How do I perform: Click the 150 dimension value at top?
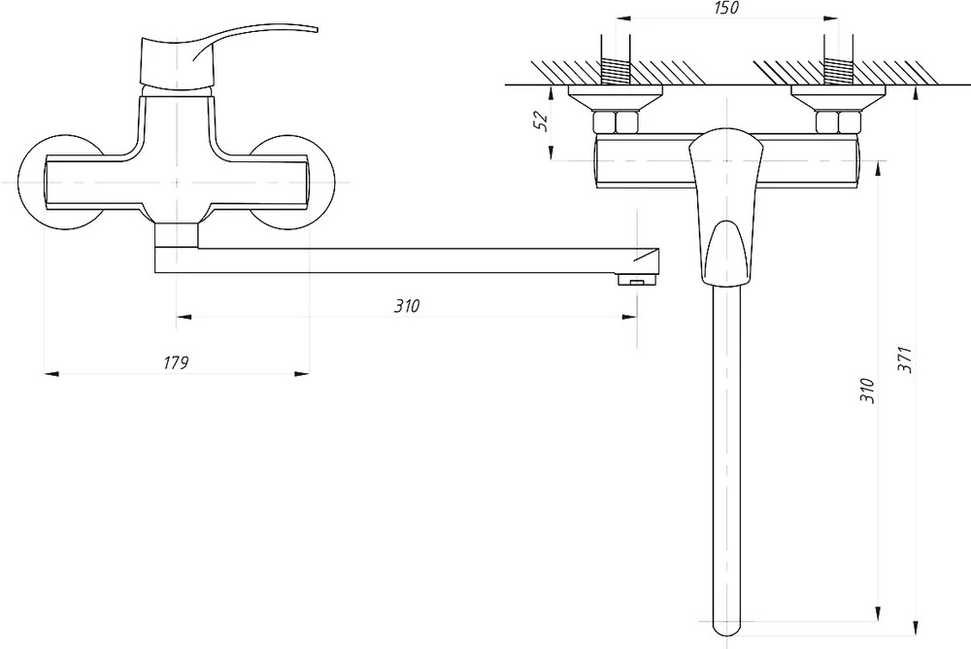tap(726, 8)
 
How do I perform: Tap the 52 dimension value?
tap(541, 120)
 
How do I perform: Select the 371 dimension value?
tap(905, 359)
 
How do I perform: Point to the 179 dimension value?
tap(176, 362)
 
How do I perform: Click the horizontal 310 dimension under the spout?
tap(407, 306)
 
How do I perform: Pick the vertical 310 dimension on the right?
tap(868, 392)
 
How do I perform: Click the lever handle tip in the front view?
tap(316, 29)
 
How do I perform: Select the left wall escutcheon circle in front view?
tap(59, 183)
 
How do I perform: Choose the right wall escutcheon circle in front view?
tap(294, 183)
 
